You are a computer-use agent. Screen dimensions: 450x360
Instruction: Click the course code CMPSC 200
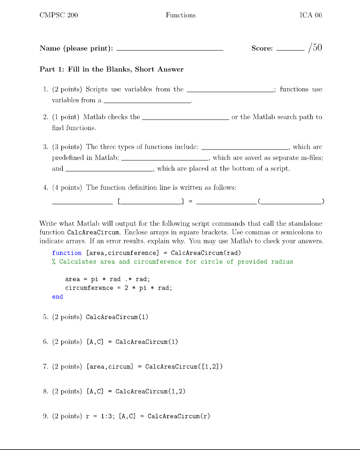(59, 15)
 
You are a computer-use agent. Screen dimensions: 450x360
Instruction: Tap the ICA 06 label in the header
(310, 15)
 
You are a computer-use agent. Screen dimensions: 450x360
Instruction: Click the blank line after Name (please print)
(169, 49)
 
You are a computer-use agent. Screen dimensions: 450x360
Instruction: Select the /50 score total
(314, 48)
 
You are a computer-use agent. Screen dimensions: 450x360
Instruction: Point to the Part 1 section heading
(112, 69)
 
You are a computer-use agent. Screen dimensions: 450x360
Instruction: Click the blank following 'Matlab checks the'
(186, 119)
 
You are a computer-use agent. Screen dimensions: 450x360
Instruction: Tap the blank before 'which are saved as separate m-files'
(164, 160)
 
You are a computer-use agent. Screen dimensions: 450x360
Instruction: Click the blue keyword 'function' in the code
(67, 253)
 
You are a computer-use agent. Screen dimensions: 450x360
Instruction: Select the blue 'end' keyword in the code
(58, 297)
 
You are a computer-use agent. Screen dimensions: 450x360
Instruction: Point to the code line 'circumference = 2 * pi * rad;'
(118, 288)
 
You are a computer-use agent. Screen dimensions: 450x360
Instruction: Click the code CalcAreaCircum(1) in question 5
(117, 317)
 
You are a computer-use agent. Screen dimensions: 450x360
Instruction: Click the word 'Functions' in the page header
(180, 15)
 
